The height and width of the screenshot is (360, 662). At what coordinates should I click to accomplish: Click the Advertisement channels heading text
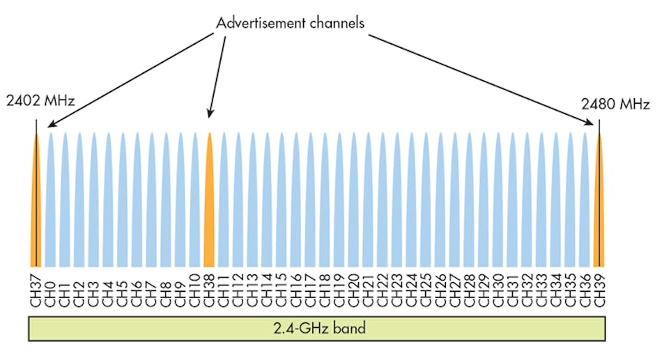point(290,23)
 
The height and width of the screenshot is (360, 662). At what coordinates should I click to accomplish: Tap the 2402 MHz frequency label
point(40,102)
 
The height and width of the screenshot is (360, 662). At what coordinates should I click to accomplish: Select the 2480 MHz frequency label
point(615,105)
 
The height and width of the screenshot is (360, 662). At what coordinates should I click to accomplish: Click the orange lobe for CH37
point(36,202)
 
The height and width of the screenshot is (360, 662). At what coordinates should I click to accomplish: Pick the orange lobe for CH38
point(208,202)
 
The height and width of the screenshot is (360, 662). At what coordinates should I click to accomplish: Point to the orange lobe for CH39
point(599,202)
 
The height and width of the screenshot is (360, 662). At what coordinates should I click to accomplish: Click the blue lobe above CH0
point(50,202)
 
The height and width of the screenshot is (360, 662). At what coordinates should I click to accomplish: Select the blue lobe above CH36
point(585,202)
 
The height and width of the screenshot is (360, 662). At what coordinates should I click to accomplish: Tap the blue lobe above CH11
point(223,202)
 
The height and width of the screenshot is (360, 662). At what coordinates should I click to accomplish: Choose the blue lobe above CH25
point(426,202)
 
